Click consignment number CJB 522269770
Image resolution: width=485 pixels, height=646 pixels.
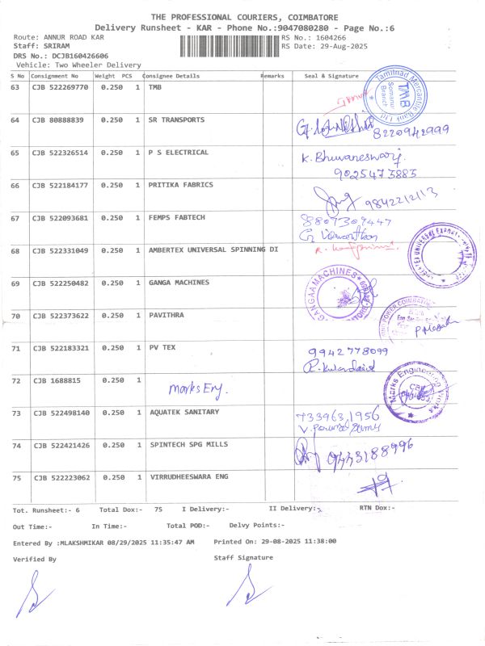click(60, 87)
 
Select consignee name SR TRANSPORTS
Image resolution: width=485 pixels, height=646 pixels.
click(176, 120)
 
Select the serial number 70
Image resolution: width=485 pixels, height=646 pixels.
click(15, 316)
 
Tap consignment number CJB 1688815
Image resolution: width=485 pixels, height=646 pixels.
click(56, 380)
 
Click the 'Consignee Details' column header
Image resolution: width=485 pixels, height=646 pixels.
click(172, 76)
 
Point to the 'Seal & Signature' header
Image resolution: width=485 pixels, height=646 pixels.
click(331, 76)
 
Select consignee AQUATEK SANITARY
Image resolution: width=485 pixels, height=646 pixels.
click(183, 413)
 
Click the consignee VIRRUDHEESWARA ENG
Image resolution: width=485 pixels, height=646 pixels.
click(188, 477)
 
